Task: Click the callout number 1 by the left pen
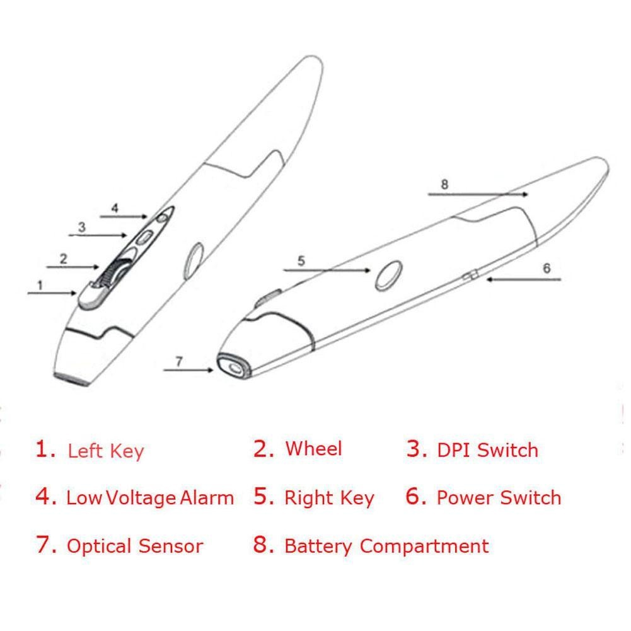40,286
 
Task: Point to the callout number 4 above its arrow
115,208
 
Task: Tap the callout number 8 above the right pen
444,184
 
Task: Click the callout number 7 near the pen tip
179,361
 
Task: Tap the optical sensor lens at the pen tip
234,368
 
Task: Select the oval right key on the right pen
389,275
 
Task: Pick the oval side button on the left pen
194,261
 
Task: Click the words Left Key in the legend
106,451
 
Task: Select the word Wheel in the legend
313,448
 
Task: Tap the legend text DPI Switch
488,450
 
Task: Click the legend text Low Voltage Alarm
150,498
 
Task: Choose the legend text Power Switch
499,497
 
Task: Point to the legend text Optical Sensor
135,547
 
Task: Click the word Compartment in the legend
424,547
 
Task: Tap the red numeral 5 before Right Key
263,496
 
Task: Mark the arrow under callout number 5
327,270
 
